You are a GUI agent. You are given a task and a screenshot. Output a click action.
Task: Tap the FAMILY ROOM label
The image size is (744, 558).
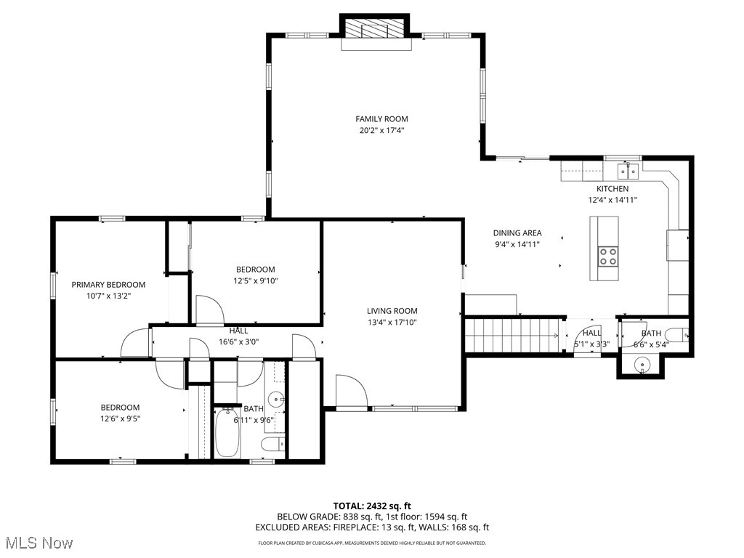click(381, 119)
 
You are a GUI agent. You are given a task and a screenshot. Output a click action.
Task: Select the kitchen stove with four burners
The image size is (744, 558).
click(607, 256)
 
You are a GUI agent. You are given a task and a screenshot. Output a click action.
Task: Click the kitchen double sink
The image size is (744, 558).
click(628, 172)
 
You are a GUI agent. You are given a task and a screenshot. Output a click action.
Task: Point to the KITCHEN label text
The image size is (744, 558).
click(612, 189)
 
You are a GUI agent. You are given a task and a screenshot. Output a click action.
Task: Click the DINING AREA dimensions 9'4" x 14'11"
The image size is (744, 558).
click(518, 245)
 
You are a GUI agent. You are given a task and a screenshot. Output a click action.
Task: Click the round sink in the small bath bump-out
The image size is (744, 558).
click(641, 365)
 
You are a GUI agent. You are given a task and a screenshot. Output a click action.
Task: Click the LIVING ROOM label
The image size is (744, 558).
click(392, 311)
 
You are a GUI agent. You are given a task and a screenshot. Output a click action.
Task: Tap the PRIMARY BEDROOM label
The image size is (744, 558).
click(108, 285)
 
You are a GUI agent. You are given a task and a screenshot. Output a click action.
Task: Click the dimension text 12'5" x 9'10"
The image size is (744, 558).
click(256, 280)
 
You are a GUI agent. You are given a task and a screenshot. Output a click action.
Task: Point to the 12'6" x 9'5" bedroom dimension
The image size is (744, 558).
click(120, 418)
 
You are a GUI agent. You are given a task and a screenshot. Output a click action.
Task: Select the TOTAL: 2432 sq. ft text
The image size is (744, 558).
click(372, 506)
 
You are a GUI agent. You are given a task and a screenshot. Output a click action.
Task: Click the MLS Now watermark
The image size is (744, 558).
click(38, 543)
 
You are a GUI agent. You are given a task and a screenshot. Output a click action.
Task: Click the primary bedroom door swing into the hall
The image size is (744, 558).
click(134, 343)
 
